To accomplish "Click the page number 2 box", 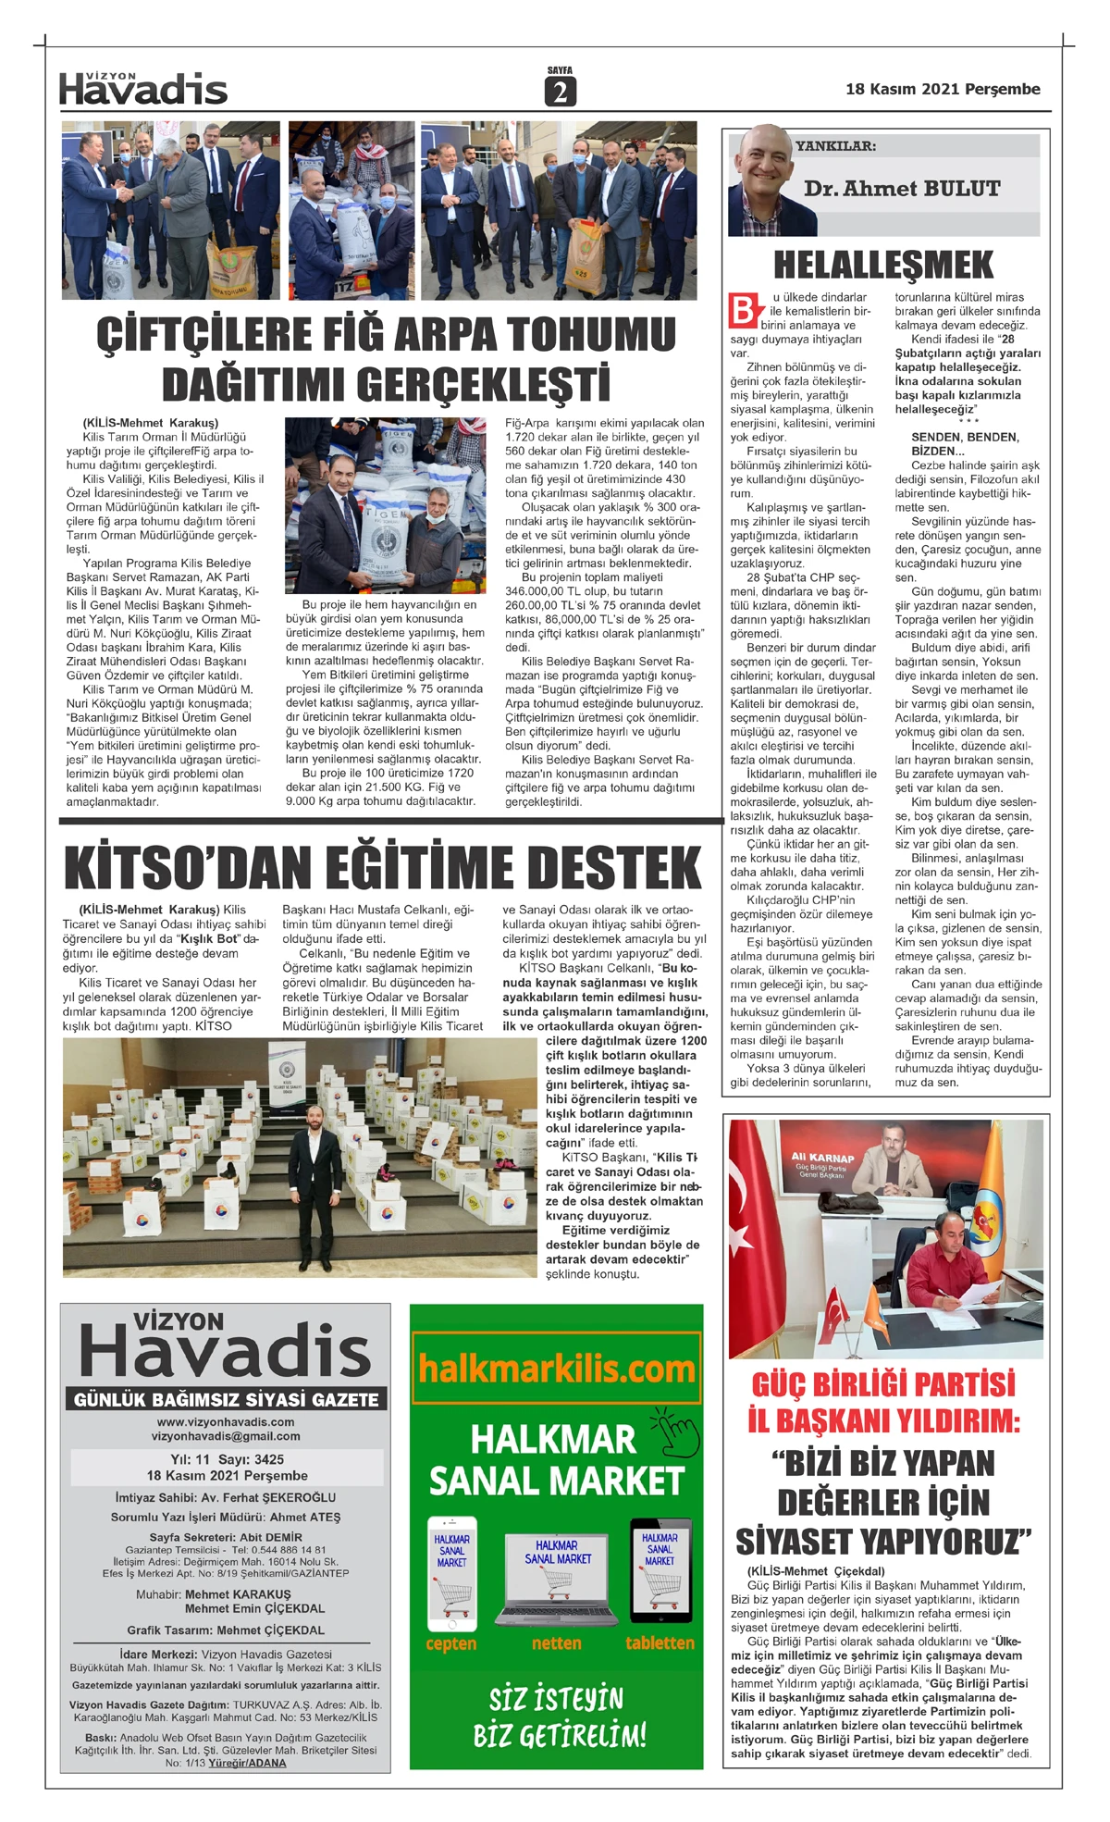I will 560,92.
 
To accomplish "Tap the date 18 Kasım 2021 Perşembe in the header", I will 942,89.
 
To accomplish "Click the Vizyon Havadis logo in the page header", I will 143,88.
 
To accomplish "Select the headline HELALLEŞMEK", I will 883,265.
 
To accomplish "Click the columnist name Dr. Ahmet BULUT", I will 902,189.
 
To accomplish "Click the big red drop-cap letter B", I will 745,310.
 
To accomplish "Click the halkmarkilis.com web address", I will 556,1368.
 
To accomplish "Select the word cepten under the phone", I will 451,1643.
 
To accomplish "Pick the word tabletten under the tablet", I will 660,1642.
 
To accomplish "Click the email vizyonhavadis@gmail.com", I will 226,1436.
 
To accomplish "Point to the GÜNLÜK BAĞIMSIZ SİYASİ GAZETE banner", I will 226,1399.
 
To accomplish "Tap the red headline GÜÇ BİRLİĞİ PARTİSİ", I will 883,1384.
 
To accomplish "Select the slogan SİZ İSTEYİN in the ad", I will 556,1699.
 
